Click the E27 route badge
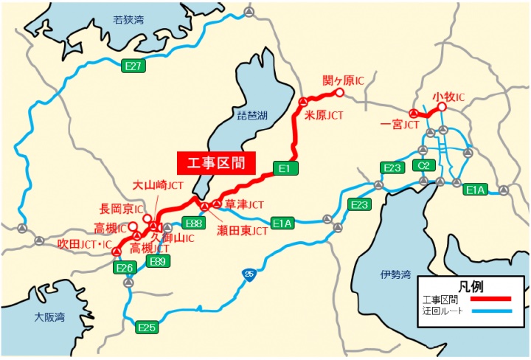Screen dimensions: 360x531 133,66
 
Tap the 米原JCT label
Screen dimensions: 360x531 325,116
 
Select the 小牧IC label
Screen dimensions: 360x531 448,97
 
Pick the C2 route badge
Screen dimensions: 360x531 423,165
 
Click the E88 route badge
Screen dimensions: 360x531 194,223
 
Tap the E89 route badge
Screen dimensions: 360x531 157,261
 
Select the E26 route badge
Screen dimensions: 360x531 124,269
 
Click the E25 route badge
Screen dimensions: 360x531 148,327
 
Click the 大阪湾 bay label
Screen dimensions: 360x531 49,317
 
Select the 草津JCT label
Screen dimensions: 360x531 245,204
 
